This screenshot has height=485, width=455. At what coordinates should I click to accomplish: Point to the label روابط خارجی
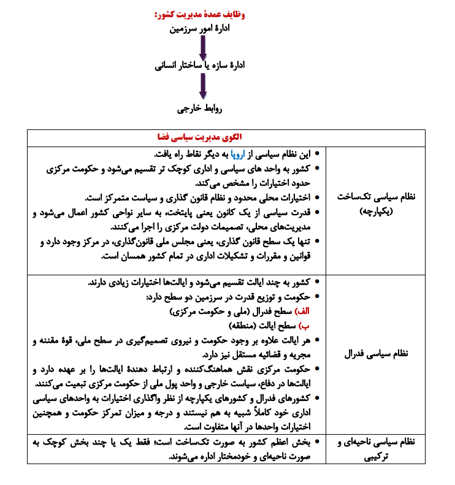[x=201, y=110]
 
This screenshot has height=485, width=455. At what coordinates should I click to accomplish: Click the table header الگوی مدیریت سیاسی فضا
[x=197, y=137]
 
